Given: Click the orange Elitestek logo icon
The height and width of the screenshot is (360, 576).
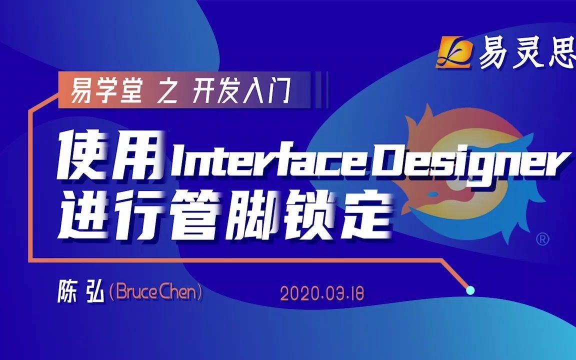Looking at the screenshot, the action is [x=454, y=52].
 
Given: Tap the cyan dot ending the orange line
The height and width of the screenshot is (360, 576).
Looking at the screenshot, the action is [x=470, y=290].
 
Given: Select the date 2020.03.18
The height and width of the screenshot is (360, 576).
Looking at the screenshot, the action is [x=322, y=293].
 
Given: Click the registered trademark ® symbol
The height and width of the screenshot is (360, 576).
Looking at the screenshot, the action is [x=542, y=239].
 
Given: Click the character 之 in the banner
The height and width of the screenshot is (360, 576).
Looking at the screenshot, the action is [x=167, y=90].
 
